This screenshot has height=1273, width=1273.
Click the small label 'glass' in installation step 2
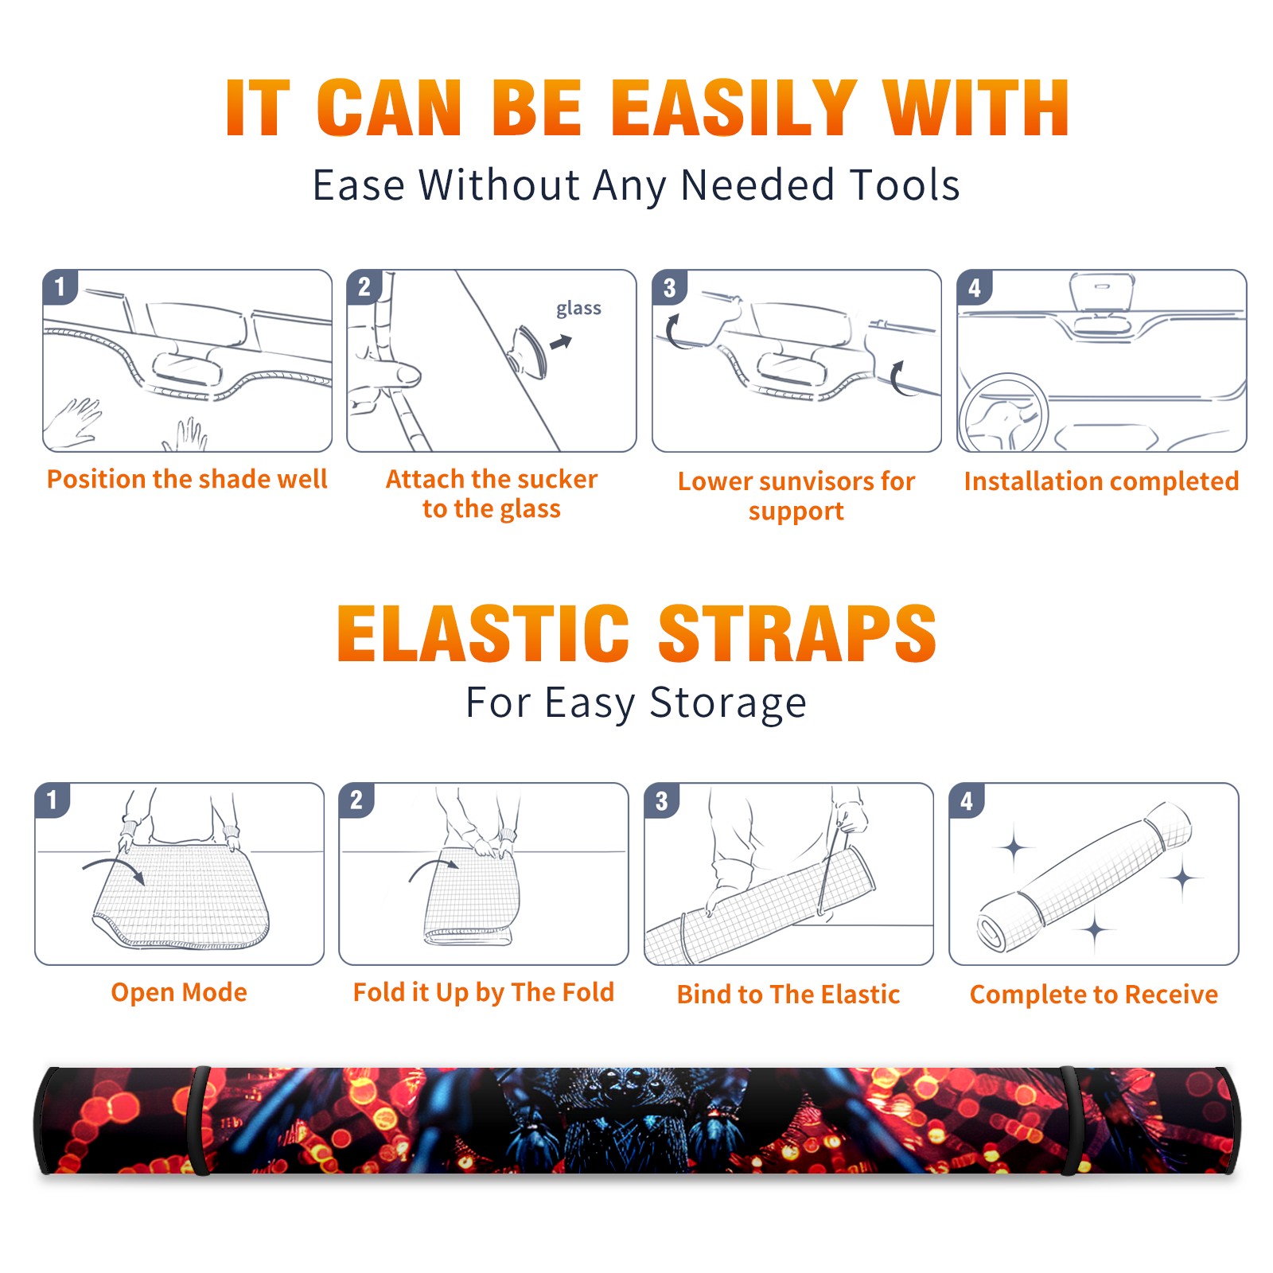point(578,309)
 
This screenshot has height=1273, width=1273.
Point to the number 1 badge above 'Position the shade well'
point(60,286)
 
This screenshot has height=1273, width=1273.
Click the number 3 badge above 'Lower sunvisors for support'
point(669,287)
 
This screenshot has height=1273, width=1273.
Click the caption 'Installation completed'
point(1101,481)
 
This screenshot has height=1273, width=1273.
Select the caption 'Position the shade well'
point(187,479)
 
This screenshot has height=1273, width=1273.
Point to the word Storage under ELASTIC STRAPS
point(728,703)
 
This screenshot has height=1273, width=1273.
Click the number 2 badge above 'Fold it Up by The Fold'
point(356,800)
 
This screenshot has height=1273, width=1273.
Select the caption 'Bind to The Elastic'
point(788,994)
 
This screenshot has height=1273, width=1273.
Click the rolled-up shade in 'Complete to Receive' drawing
point(1084,878)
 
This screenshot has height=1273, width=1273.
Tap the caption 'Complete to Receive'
point(1094,995)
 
